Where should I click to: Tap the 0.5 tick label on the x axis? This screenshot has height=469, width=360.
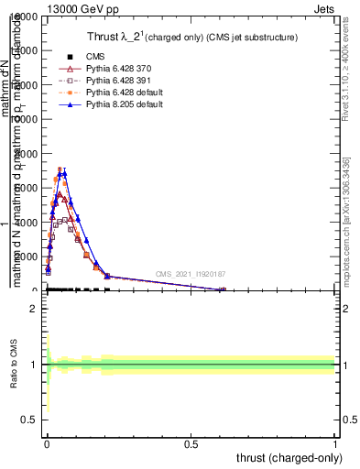[191, 442]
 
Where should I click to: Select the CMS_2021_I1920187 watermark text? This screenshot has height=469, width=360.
[190, 274]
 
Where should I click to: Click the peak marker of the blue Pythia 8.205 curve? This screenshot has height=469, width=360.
[64, 173]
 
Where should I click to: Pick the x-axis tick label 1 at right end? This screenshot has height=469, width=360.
[334, 442]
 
